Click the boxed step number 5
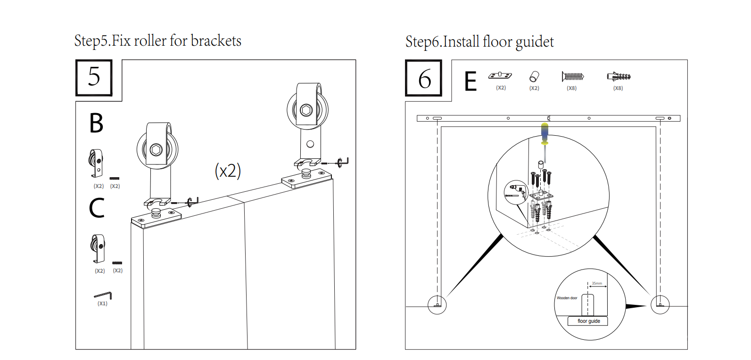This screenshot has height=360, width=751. pos(94,77)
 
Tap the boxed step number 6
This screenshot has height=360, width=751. pos(424,79)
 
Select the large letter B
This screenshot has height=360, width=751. pos(96,123)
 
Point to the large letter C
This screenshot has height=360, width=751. pos(97,208)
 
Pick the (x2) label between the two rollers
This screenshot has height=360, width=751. pos(228,171)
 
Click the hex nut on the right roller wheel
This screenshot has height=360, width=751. pos(306,111)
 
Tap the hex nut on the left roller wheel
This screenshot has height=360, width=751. pos(157,150)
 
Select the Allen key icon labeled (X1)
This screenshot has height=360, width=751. pos(103,295)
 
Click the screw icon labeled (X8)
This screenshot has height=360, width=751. pos(573,76)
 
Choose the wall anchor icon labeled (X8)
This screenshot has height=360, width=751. pos(619,76)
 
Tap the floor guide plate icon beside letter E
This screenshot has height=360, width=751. pos(500,75)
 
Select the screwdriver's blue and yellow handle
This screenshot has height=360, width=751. pos(545,133)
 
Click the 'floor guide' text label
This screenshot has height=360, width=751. pos(589,321)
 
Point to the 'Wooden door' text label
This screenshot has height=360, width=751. pos(567,298)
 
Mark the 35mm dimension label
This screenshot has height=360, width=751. pos(597,283)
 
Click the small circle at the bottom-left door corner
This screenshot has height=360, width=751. pos(437,305)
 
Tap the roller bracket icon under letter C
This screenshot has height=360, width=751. pos(98,248)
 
